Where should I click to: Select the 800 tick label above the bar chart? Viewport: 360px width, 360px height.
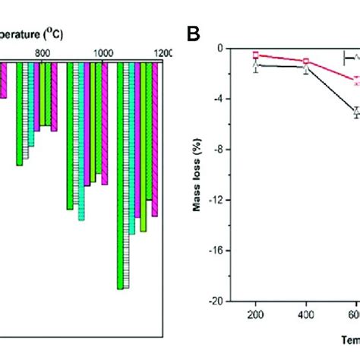(x=43, y=53)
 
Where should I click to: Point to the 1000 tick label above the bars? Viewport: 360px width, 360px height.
(x=103, y=53)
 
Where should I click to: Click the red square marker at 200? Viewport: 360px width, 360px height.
(x=256, y=55)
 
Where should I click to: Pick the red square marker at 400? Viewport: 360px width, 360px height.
(x=306, y=61)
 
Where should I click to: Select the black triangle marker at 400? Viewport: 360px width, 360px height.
(x=306, y=68)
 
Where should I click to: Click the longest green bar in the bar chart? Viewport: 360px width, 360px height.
(x=119, y=175)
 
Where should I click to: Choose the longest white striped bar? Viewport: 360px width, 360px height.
(x=126, y=175)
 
